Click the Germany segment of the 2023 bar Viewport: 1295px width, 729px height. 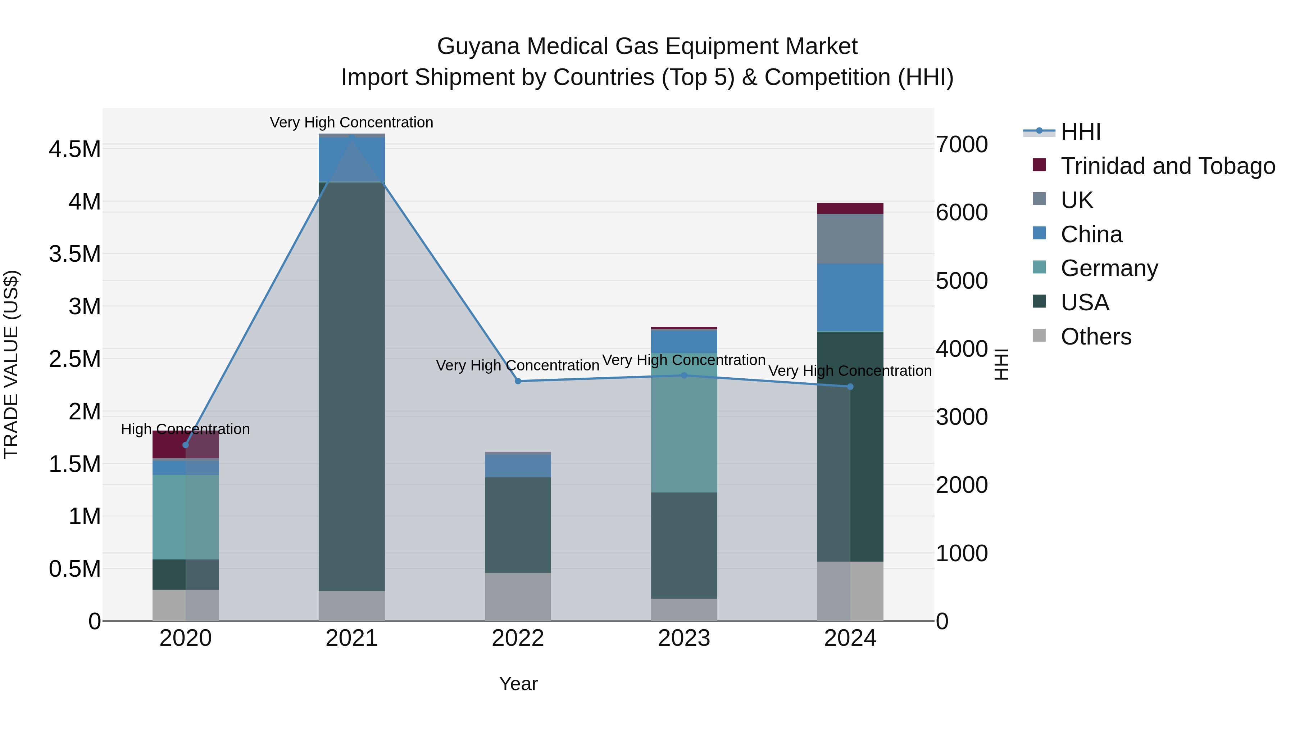click(684, 433)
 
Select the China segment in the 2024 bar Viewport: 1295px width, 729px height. click(850, 297)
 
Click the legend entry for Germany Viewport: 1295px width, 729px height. click(1109, 268)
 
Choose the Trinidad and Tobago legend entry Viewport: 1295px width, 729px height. click(1167, 166)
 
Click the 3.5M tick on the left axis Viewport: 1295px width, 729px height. click(74, 254)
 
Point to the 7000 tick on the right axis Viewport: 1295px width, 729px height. click(962, 144)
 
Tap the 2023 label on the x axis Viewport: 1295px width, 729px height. click(684, 638)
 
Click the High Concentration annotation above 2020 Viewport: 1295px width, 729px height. click(186, 429)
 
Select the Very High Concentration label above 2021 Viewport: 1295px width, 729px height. click(351, 122)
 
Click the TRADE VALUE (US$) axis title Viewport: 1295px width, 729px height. click(11, 364)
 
